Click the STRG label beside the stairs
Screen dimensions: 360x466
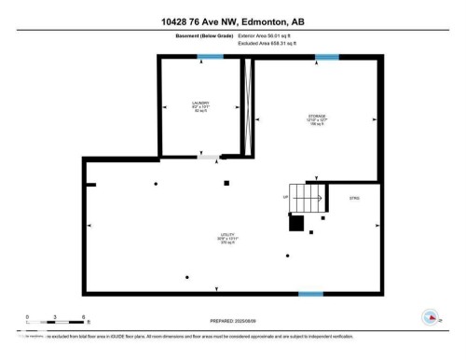coord(354,199)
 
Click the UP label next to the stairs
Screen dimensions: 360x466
coord(285,198)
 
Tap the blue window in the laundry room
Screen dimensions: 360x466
coord(210,58)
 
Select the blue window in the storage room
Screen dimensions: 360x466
coord(326,58)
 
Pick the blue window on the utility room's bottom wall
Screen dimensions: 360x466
coord(310,294)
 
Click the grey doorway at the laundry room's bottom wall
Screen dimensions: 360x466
coord(208,158)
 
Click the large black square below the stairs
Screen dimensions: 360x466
coord(296,223)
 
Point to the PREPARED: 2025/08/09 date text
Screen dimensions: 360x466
coord(233,314)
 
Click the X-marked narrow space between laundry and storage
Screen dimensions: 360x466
coord(247,106)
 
